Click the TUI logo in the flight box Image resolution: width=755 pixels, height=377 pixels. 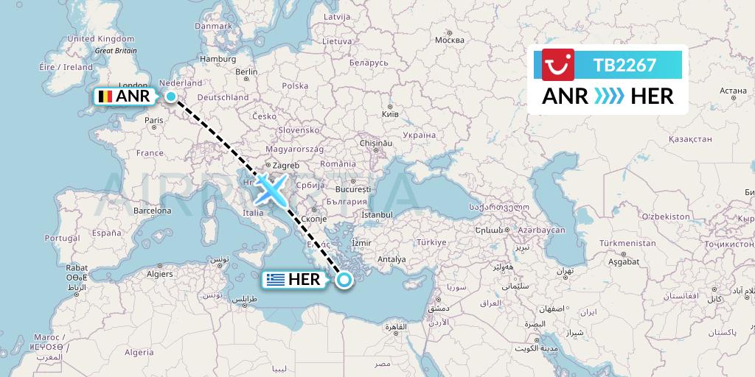point(558,64)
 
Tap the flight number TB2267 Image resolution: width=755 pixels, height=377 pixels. point(624,65)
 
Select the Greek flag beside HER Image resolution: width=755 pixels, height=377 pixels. point(276,280)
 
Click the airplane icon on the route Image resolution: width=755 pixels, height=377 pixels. point(271,190)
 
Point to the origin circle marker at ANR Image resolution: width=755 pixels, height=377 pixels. point(171,96)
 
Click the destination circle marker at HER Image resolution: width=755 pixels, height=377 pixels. point(344,279)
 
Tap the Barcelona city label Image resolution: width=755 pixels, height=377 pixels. point(153,211)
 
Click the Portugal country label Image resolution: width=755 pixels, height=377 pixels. point(62,238)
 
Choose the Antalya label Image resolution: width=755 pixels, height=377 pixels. point(391,259)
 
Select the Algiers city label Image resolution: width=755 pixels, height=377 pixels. point(160,274)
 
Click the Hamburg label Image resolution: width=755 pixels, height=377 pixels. point(218,59)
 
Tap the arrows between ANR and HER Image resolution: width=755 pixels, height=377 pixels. point(608,96)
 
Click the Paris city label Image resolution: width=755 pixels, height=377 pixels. point(154,120)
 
